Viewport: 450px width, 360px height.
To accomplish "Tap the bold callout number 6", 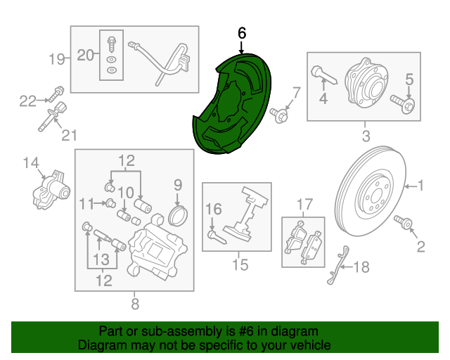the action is [x=242, y=33].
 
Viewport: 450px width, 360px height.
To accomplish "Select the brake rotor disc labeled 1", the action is [x=371, y=191].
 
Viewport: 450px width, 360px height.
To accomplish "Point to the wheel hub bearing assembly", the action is [x=366, y=83].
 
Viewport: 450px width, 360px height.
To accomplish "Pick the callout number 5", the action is [x=409, y=79].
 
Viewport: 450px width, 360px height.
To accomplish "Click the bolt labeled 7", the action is [x=278, y=115].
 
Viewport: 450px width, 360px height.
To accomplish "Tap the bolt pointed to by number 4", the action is [x=323, y=75].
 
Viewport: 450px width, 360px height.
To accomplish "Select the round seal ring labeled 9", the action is [x=178, y=216].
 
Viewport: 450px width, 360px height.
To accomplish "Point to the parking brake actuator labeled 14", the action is [x=51, y=191].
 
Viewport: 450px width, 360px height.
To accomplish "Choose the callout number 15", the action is [x=240, y=264].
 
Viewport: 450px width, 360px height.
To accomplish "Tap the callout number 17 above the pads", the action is [x=304, y=205].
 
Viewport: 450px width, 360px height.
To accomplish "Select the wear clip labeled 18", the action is [x=338, y=265].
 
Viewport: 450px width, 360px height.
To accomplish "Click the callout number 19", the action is [x=56, y=59].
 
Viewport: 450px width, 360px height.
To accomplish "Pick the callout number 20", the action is [x=86, y=55].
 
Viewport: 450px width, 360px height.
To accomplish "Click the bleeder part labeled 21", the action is [x=53, y=117].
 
